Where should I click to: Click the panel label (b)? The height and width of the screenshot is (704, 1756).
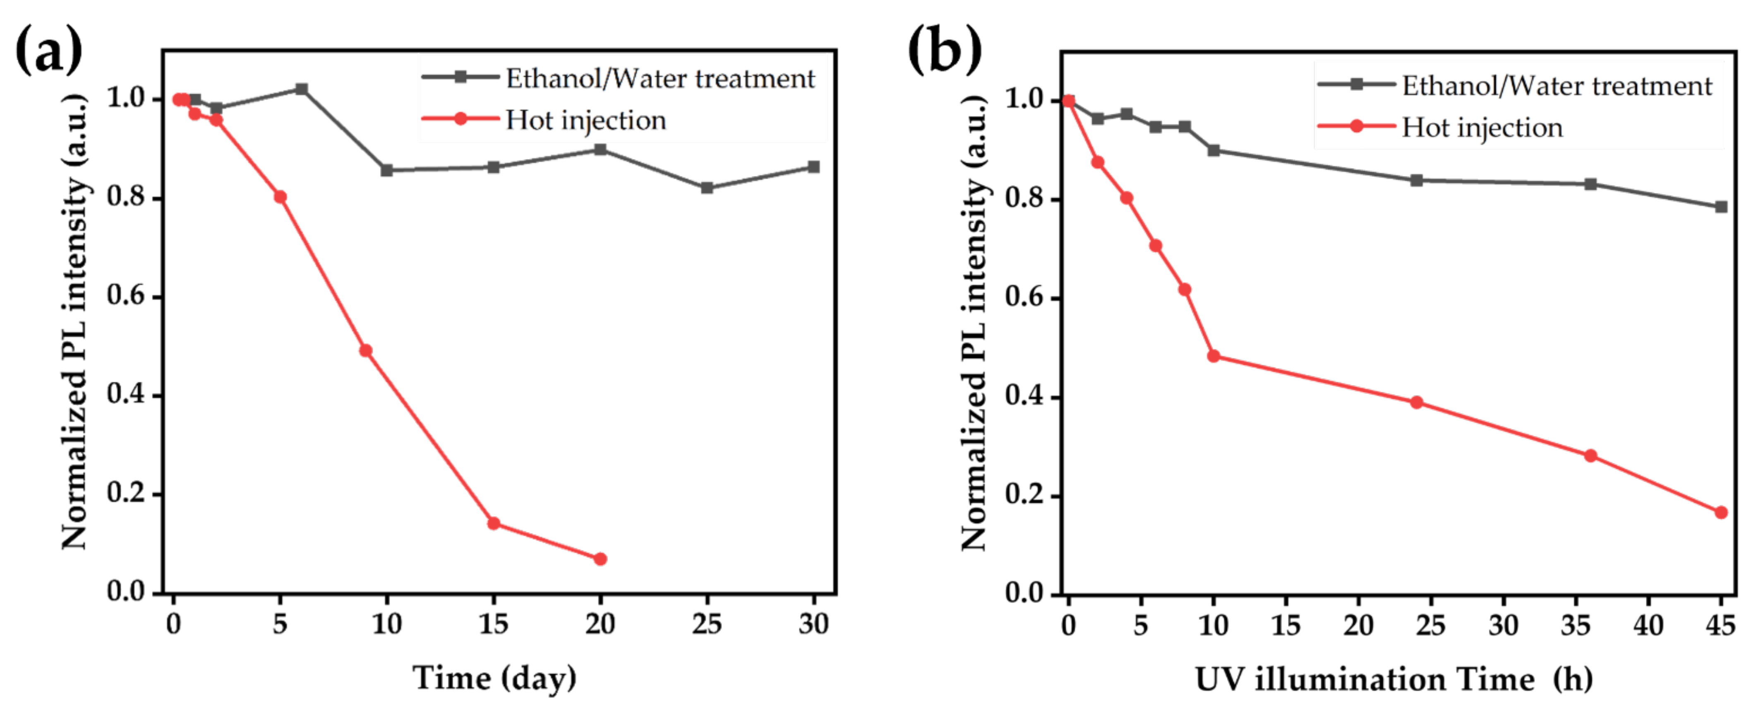click(944, 49)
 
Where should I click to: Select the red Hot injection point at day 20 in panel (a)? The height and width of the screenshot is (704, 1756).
click(600, 559)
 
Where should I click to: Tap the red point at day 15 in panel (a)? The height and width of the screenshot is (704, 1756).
click(494, 523)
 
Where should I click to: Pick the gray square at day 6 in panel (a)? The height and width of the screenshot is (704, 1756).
click(301, 89)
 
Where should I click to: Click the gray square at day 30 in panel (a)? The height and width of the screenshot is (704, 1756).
click(813, 167)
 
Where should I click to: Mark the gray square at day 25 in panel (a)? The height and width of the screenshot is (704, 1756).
click(707, 188)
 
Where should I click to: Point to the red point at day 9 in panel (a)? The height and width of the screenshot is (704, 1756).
click(365, 351)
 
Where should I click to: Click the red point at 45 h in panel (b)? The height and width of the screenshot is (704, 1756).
click(1720, 512)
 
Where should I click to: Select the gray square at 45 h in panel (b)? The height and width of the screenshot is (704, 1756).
click(1720, 207)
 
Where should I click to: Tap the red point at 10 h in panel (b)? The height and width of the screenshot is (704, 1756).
click(1214, 356)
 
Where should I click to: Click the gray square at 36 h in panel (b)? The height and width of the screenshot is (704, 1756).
click(1590, 184)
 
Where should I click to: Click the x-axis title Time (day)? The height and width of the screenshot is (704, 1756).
click(494, 677)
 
